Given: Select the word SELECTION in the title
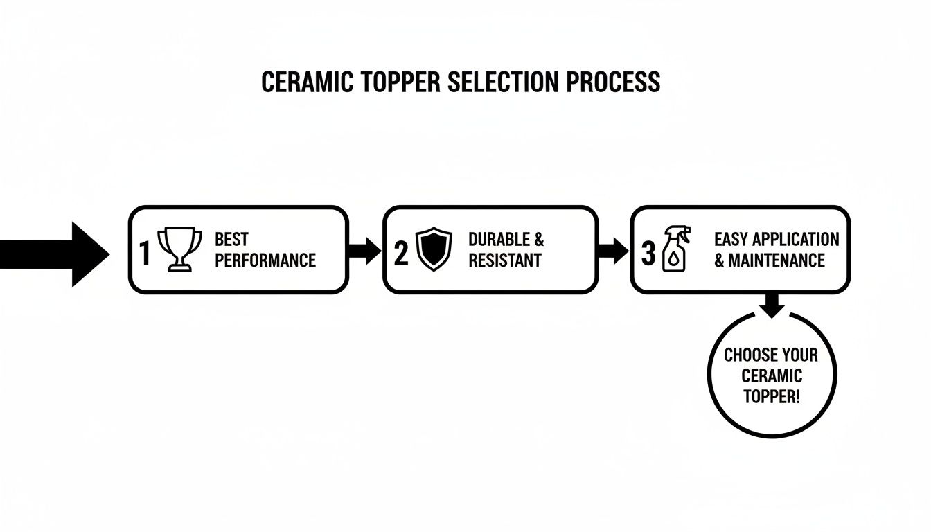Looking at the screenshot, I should (x=505, y=82).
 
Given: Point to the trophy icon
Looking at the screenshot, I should (x=180, y=249).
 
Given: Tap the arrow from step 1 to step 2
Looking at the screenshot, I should (x=364, y=250).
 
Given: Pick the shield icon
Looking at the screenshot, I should (x=434, y=250).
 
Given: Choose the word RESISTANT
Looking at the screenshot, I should (x=504, y=261).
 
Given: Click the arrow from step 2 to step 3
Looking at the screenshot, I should (x=612, y=250).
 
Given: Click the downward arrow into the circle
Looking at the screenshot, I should (x=772, y=305).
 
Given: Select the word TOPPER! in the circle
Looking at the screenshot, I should (x=771, y=396).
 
